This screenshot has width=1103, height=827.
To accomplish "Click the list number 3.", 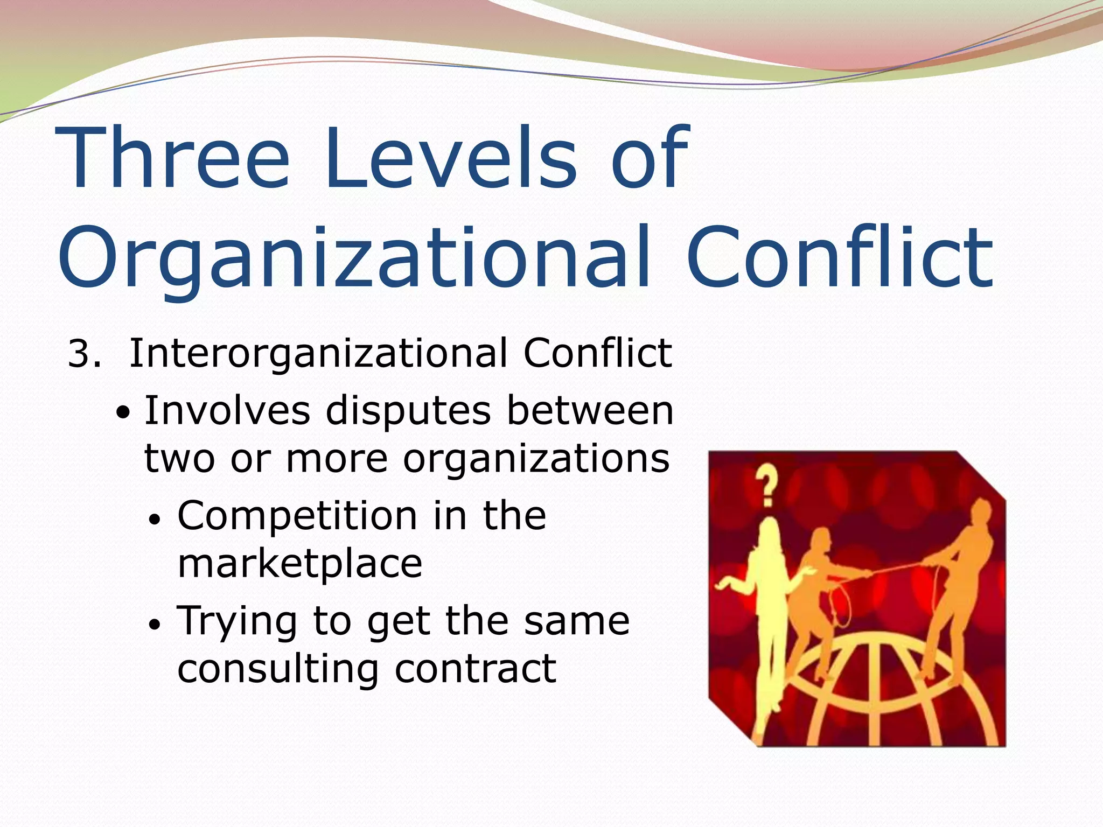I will click(x=84, y=355).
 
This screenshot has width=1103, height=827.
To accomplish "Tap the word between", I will click(x=590, y=411).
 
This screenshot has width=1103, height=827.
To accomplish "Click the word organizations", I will click(x=536, y=459).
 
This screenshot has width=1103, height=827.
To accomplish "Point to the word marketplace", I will click(x=299, y=564).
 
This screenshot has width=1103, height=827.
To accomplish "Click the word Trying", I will click(x=237, y=621).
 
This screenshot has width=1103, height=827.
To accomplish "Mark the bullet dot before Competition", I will click(x=155, y=520).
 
